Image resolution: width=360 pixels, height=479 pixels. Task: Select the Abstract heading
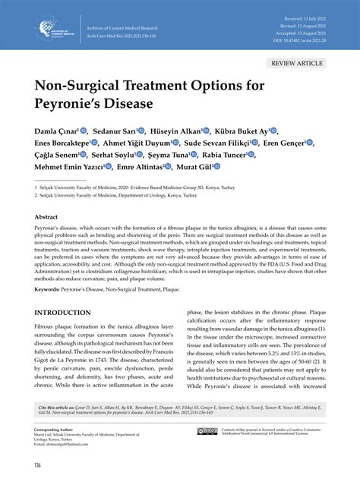[x=46, y=216]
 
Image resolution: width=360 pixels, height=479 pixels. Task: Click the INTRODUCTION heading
[x=68, y=313]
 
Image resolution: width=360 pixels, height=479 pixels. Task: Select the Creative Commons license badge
[x=207, y=431]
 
